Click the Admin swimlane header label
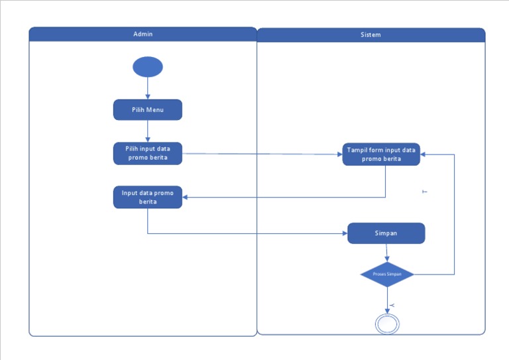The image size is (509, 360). coord(142,34)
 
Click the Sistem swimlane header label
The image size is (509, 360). coord(370,34)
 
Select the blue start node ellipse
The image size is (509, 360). coord(147,67)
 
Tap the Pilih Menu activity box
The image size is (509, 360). coord(147,109)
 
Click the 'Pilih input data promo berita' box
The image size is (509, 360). coord(147,153)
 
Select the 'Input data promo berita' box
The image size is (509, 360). coord(147,197)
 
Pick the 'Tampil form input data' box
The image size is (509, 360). coord(381,154)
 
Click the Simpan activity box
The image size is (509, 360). coord(386,233)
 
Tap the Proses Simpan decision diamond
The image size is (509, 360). coord(387,274)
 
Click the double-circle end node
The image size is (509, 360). coord(387,324)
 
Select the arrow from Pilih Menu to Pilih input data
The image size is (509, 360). coord(147,131)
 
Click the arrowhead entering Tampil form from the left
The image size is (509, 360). coord(339,154)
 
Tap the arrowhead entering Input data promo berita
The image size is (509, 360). coord(186,197)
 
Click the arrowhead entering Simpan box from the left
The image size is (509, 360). coord(343,233)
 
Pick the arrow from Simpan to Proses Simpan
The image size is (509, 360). coord(386,253)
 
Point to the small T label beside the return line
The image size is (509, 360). coord(424,192)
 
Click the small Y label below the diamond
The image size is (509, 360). coord(392,304)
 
